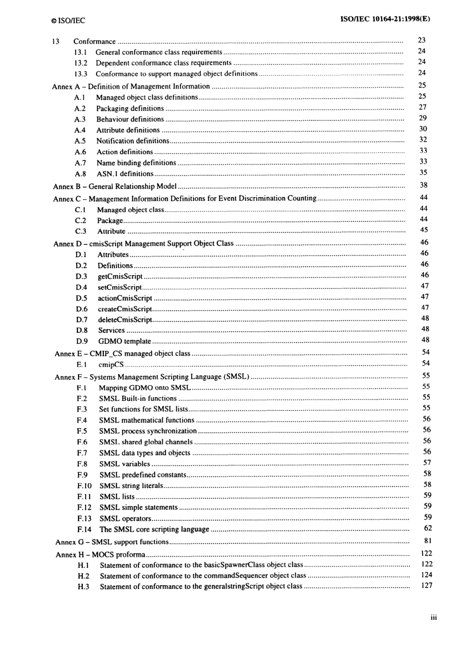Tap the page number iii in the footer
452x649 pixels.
(x=433, y=618)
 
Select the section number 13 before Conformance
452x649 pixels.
(x=56, y=41)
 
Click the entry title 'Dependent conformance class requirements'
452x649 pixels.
(x=163, y=63)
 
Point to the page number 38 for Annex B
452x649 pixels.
(x=423, y=185)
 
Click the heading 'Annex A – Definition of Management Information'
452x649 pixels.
(x=131, y=86)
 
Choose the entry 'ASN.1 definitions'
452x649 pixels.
(x=125, y=174)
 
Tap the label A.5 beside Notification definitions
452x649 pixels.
(x=80, y=141)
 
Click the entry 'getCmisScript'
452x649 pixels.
(x=120, y=276)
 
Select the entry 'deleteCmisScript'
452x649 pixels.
(x=125, y=320)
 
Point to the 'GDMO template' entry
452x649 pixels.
(x=124, y=341)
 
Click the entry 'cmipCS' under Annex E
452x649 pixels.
(x=111, y=365)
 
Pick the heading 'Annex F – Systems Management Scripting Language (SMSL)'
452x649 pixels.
(x=152, y=377)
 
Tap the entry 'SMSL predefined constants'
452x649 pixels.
(x=142, y=475)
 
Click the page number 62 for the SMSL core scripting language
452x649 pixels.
(x=428, y=528)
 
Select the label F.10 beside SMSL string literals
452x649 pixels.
(x=84, y=486)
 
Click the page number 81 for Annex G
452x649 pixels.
(x=428, y=540)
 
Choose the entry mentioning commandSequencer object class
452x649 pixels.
(x=203, y=576)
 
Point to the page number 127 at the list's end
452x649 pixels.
(x=427, y=586)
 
